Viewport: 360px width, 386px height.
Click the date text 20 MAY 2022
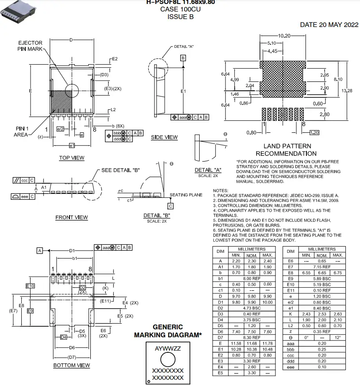(329, 25)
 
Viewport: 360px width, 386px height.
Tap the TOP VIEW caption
(72, 158)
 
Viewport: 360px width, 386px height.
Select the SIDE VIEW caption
(164, 137)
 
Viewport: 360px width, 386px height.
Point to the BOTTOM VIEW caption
(72, 365)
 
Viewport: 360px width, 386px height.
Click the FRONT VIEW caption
(72, 217)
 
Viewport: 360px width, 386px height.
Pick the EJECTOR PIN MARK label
(30, 46)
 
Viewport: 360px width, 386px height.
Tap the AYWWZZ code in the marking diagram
(168, 348)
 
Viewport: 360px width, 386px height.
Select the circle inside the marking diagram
(167, 359)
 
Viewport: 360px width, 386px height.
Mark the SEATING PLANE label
(186, 195)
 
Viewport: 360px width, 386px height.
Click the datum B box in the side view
(183, 58)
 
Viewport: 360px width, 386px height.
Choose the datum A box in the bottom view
(39, 251)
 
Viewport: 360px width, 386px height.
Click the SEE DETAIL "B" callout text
(121, 170)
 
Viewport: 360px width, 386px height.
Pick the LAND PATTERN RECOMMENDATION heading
(287, 150)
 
